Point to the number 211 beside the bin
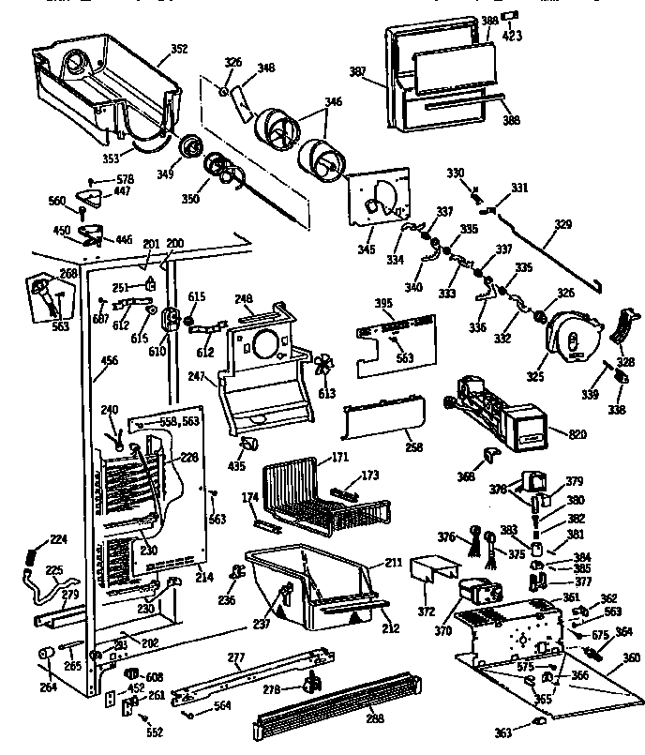coord(393,563)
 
